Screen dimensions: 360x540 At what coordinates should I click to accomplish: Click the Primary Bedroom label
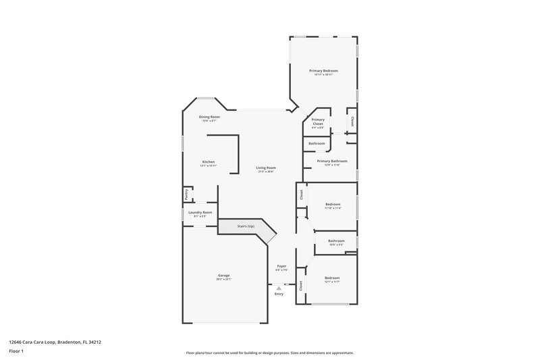coord(323,71)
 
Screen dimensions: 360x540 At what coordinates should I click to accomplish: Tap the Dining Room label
coord(209,117)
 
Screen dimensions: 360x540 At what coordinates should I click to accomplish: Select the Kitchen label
coord(209,162)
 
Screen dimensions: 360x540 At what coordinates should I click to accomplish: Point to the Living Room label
coord(266,168)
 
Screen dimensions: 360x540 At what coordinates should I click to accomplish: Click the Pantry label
coord(186,195)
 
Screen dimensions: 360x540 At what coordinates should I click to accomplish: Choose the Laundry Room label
coord(200,213)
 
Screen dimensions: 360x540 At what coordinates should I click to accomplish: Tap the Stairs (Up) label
coord(246,226)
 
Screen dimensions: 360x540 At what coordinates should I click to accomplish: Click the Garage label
coord(224,276)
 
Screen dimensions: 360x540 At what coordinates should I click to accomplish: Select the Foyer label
coord(281,267)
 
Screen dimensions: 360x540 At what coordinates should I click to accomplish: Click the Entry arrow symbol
coord(279,287)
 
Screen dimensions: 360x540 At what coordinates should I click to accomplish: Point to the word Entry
coord(279,294)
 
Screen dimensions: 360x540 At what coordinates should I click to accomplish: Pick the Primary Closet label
coord(318,122)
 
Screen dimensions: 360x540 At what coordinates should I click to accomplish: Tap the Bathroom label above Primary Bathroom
coord(317,143)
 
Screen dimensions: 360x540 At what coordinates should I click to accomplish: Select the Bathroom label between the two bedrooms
coord(336,241)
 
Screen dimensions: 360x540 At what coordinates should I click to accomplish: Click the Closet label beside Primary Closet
coord(352,122)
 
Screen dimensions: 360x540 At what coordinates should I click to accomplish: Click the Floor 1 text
coord(15,352)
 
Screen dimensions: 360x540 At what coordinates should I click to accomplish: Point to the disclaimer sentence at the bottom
coord(269,353)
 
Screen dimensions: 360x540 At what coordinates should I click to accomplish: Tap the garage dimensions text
coord(224,279)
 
